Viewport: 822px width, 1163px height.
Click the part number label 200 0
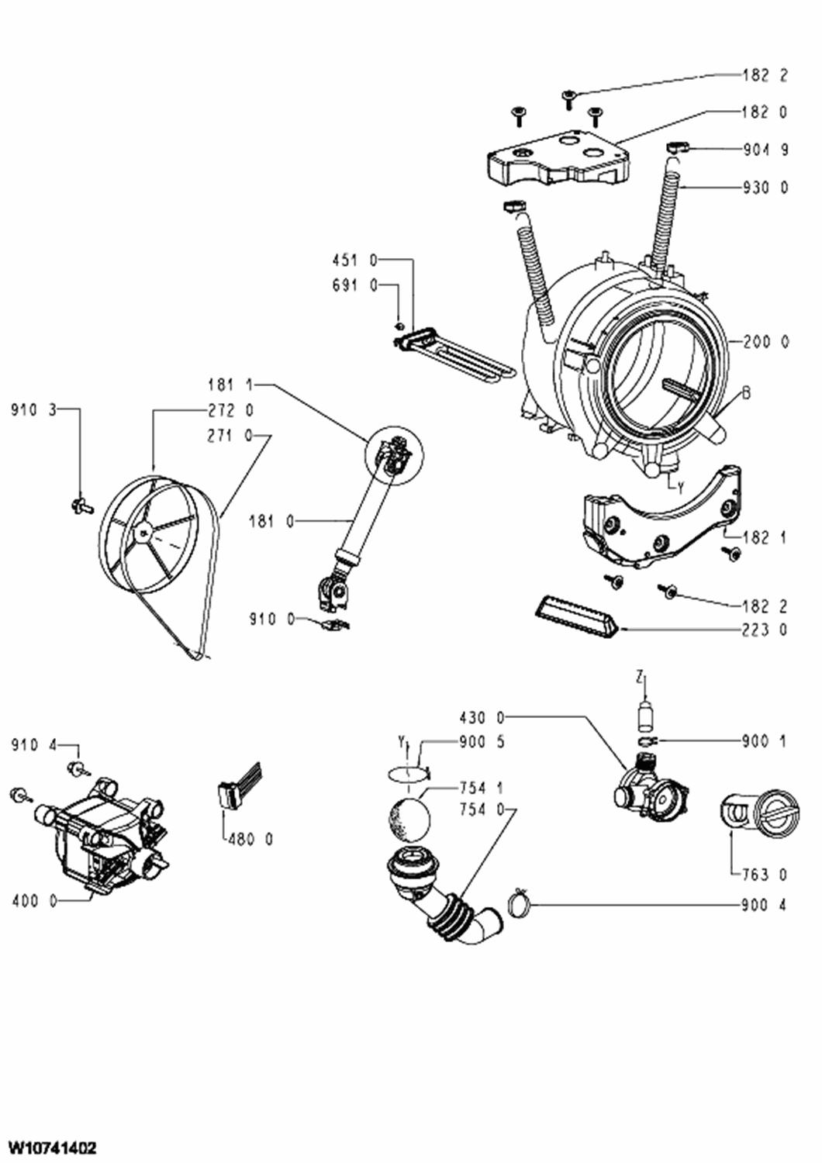(766, 342)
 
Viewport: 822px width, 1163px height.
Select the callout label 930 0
(766, 187)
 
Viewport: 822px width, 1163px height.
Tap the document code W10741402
(49, 1147)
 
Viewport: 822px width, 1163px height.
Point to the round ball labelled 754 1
(409, 820)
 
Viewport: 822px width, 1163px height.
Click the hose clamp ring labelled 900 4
(519, 906)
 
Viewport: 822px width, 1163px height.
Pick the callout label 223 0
(766, 630)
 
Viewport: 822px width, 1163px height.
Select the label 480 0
(250, 838)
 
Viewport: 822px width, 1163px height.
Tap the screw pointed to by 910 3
(81, 503)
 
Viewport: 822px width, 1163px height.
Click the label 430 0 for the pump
(482, 718)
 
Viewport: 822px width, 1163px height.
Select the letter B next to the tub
(746, 393)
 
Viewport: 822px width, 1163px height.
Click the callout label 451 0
(355, 261)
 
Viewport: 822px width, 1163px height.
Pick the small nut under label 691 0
(399, 326)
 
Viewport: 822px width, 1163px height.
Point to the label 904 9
(766, 150)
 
